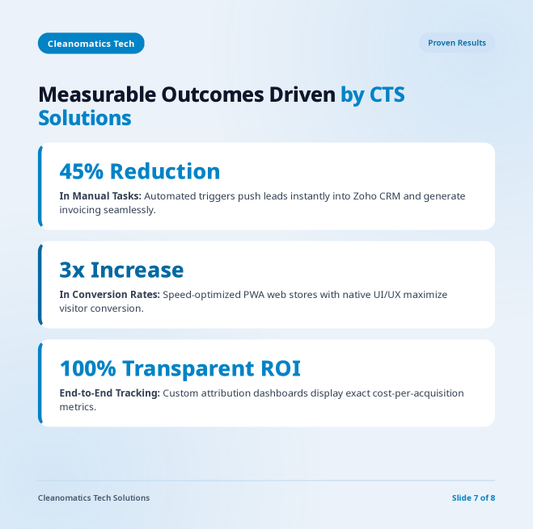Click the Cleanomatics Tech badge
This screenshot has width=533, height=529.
(x=91, y=44)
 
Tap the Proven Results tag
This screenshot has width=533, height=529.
(x=456, y=43)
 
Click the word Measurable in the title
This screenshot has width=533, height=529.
(x=97, y=94)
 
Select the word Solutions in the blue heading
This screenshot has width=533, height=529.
(x=85, y=118)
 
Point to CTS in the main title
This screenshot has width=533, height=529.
(x=387, y=94)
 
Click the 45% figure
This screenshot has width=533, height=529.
(x=82, y=171)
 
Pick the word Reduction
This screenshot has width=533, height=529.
(x=165, y=171)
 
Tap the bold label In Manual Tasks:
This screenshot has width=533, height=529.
(x=100, y=196)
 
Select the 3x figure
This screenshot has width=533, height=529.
(x=72, y=270)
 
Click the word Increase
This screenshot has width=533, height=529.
(x=137, y=270)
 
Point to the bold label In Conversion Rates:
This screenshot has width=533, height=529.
(x=109, y=294)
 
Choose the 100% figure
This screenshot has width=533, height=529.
(x=88, y=368)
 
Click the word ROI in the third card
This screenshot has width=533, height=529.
(x=281, y=368)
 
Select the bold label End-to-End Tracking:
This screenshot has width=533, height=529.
(x=109, y=393)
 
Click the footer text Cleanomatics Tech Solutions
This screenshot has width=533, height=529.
(x=94, y=498)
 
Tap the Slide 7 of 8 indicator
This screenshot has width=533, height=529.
(x=473, y=498)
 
